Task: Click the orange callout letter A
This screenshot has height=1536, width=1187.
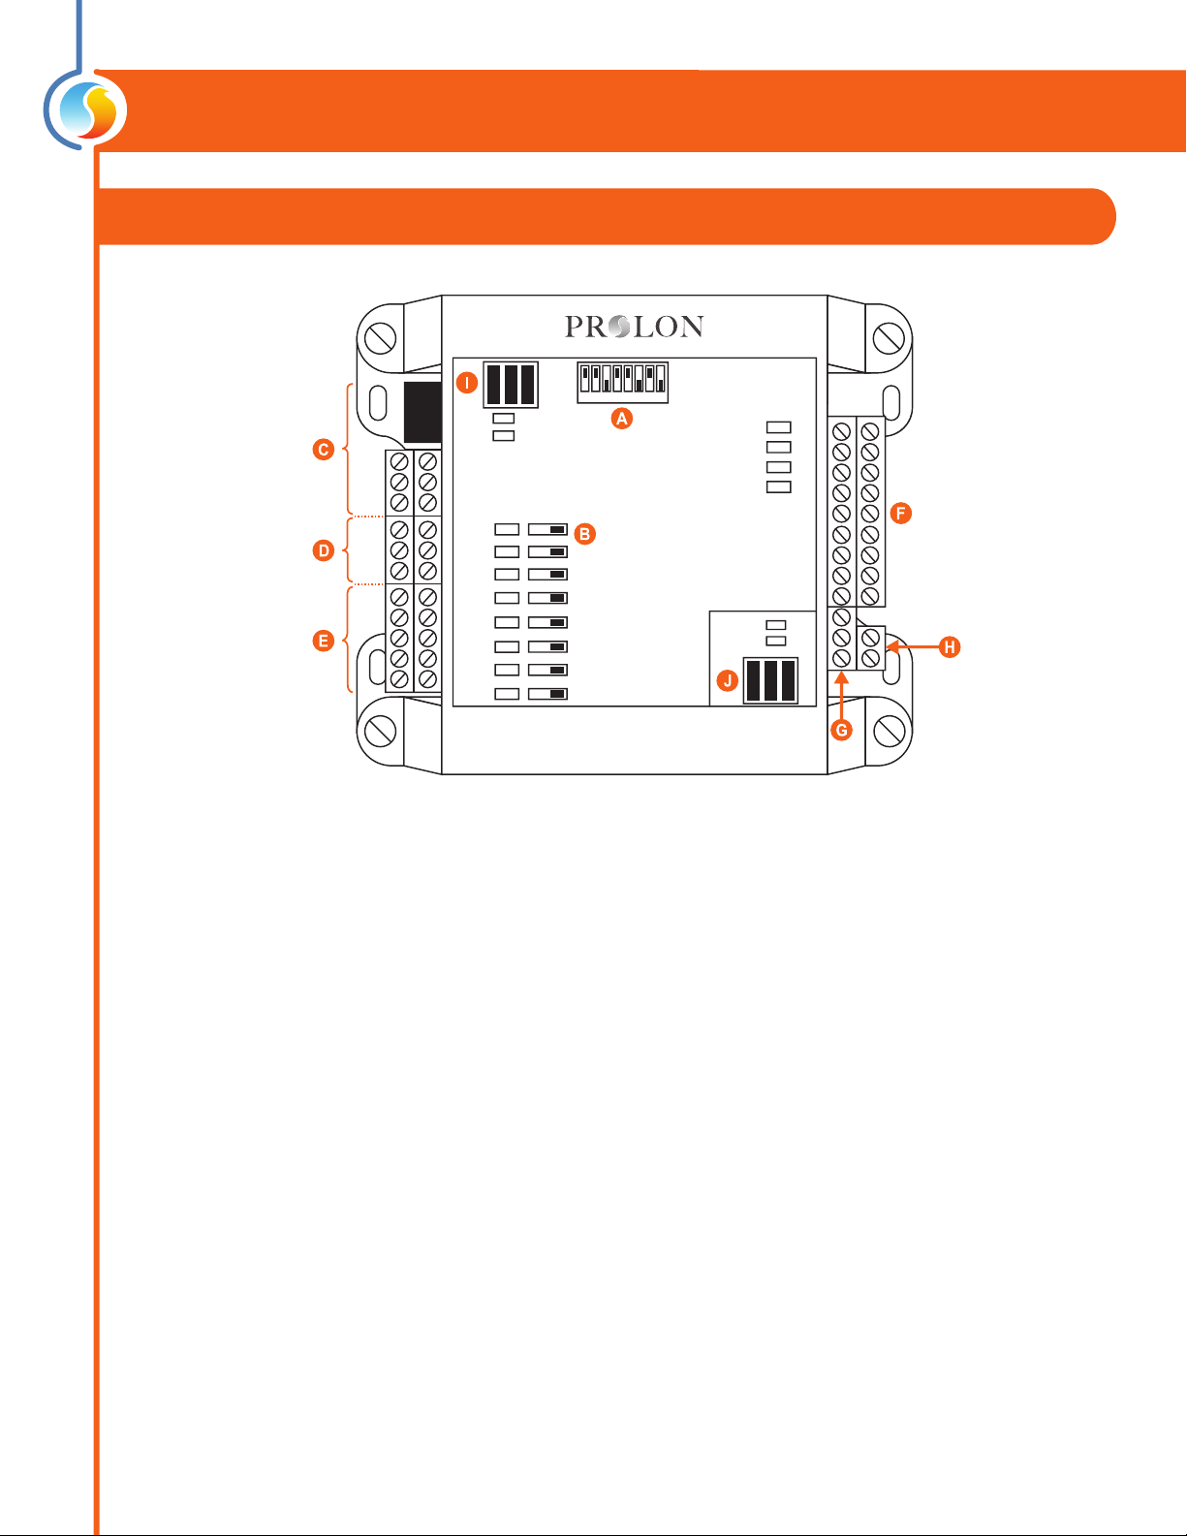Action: point(622,419)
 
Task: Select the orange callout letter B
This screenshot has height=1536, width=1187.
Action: point(584,534)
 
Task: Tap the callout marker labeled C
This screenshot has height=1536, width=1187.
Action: point(324,450)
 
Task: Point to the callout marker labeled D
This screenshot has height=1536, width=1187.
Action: point(324,550)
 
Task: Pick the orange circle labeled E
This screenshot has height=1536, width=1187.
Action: point(324,641)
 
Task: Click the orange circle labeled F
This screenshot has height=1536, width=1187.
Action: point(901,513)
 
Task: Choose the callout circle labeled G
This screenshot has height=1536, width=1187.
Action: point(841,730)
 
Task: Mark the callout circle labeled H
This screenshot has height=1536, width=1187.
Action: point(951,646)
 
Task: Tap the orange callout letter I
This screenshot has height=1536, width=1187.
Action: point(467,383)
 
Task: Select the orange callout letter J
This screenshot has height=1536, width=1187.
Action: point(728,680)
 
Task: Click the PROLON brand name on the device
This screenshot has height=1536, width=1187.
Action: point(634,328)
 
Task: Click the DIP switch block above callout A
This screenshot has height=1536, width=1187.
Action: point(622,382)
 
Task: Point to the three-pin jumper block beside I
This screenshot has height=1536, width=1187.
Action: point(511,385)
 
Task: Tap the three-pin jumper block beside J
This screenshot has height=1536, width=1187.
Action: point(770,680)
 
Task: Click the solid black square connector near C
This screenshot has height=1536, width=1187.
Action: point(422,412)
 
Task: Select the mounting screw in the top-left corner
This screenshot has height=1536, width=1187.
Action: point(380,339)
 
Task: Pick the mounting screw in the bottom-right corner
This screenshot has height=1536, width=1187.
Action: point(889,730)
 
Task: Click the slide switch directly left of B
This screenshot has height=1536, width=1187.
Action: point(547,530)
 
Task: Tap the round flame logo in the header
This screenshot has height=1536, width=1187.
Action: point(88,111)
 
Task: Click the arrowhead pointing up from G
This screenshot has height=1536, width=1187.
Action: point(841,677)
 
